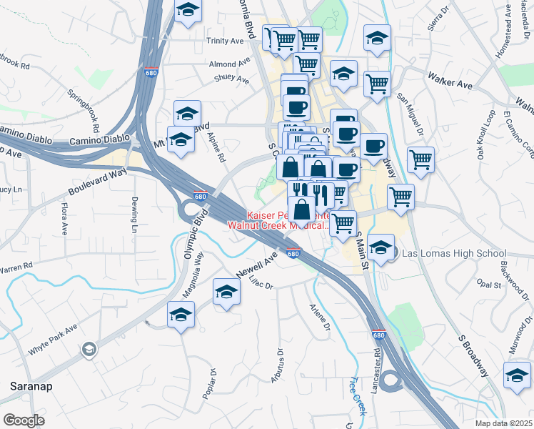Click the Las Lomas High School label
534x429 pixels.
pos(454,253)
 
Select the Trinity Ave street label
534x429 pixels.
pos(226,41)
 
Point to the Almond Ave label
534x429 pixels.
pos(228,64)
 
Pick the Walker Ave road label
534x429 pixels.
pos(450,79)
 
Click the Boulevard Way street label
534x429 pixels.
pos(97,182)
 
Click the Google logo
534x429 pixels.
pos(24,420)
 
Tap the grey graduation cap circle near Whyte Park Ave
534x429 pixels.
pos(89,349)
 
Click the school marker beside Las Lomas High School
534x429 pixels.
pos(381,248)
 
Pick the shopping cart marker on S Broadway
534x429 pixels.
pos(420,159)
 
